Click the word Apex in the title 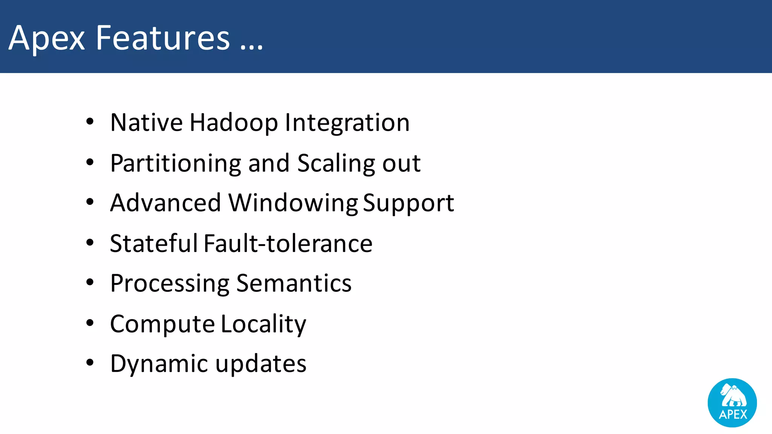(x=47, y=38)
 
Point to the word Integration (x=347, y=123)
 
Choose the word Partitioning (x=175, y=164)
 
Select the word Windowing (x=293, y=203)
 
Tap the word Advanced (x=165, y=203)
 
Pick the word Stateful (x=154, y=243)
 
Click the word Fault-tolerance (x=288, y=243)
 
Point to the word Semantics (x=294, y=283)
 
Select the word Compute (x=162, y=324)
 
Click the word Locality (x=263, y=324)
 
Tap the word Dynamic (x=159, y=364)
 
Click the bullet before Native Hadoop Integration (x=90, y=122)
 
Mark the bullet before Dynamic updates (x=90, y=363)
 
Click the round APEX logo (x=732, y=403)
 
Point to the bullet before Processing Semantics (x=90, y=282)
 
